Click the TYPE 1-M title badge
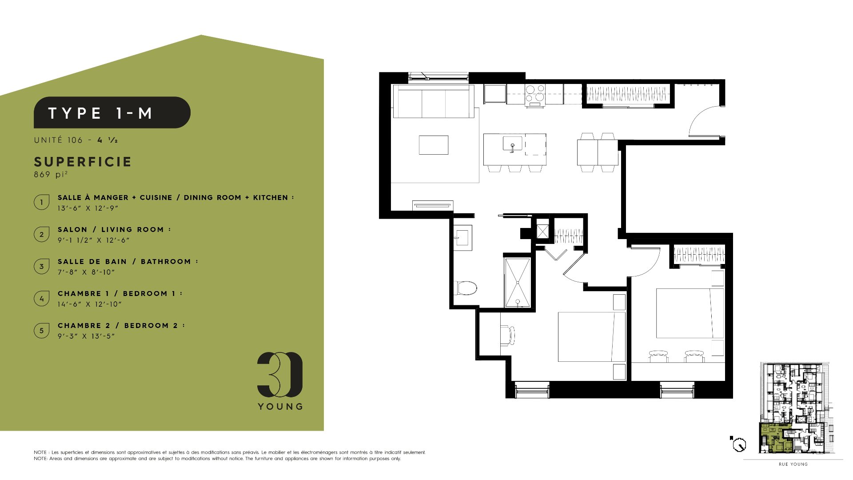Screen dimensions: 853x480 (112, 112)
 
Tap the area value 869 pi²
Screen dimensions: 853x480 (51, 174)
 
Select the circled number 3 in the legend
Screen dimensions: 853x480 (42, 266)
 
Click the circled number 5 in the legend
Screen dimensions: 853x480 (42, 330)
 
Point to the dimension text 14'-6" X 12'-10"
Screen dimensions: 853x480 (89, 304)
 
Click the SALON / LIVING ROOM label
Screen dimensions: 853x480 (114, 229)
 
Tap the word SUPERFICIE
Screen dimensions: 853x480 (83, 162)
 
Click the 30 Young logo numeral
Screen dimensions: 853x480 (280, 375)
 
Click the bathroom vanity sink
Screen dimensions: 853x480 (462, 238)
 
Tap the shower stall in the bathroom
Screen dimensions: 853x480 (518, 282)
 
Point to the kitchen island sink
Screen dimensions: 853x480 (512, 144)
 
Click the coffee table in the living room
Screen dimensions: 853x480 (434, 145)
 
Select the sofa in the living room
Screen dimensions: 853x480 (434, 101)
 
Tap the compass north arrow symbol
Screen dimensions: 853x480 (738, 444)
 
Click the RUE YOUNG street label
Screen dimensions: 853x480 (793, 464)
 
